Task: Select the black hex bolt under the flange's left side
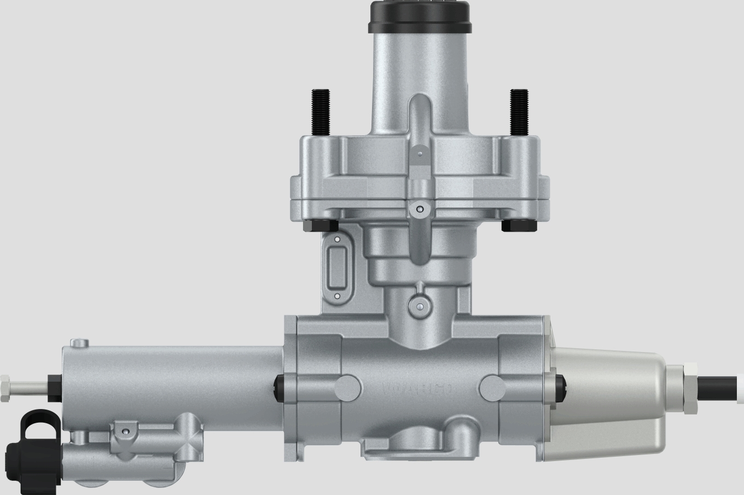click(320, 226)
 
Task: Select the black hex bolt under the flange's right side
click(518, 226)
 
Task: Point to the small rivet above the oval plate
click(338, 240)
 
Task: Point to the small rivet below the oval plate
click(337, 297)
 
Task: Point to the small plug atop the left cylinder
click(80, 343)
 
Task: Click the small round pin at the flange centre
click(419, 209)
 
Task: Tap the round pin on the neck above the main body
click(420, 307)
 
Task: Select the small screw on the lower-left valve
click(126, 431)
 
